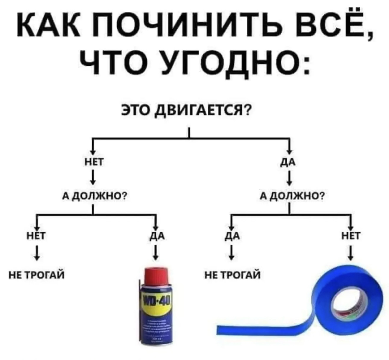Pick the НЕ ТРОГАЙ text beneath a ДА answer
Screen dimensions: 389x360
click(x=233, y=275)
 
